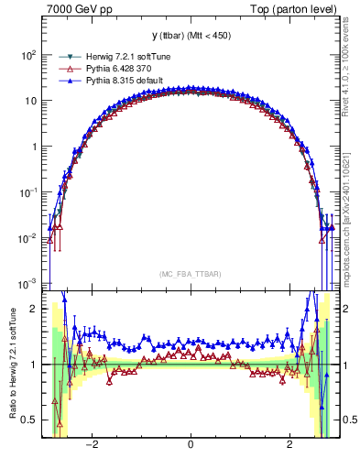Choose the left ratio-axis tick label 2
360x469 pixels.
click(33, 309)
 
